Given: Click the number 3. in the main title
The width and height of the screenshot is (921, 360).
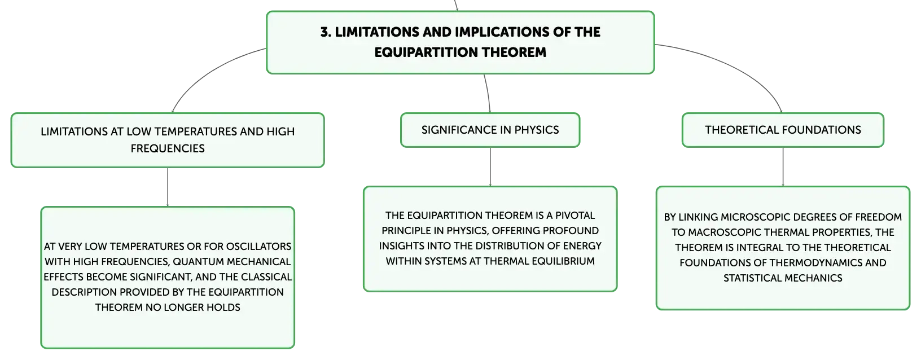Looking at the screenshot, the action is tap(326, 32).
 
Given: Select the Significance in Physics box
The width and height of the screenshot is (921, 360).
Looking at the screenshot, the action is tap(490, 130).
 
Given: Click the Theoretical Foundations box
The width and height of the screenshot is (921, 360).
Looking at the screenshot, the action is tap(783, 130).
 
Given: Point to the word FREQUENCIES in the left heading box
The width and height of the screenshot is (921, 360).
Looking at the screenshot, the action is tap(168, 148).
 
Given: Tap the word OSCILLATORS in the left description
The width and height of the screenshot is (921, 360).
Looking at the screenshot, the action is tap(258, 247).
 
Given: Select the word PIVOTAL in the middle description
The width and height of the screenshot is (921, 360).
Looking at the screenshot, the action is tap(575, 216).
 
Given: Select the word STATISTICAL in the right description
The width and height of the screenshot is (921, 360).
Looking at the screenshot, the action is tap(753, 278).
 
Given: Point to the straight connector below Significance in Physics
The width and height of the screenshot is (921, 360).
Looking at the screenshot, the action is tap(490, 166).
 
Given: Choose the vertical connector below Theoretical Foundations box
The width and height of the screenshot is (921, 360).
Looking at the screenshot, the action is tap(783, 166).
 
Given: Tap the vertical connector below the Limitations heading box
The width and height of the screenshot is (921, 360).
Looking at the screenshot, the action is tap(168, 187).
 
